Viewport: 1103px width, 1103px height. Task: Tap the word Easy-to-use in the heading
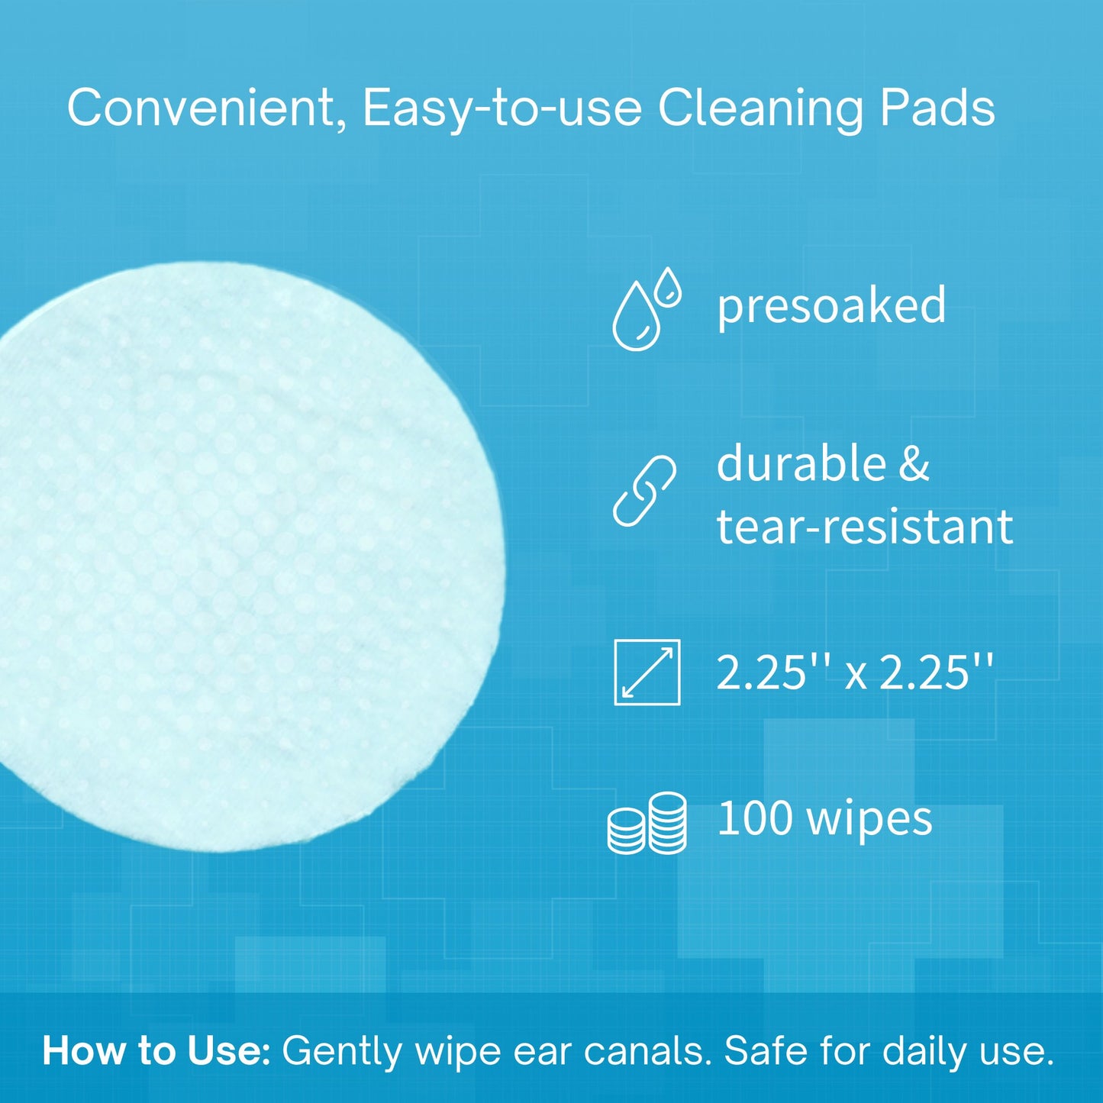(502, 108)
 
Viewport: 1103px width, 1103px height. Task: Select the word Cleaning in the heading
(760, 108)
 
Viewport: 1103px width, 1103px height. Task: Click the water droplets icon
(646, 308)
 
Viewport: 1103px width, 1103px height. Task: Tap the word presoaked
(831, 306)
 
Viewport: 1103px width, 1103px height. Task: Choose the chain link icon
(645, 492)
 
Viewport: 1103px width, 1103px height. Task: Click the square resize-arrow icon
(647, 672)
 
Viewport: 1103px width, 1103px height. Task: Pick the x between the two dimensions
(856, 675)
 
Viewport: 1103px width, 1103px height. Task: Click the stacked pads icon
(647, 824)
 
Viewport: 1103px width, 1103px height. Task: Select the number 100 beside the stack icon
(756, 818)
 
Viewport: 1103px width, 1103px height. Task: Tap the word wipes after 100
(869, 821)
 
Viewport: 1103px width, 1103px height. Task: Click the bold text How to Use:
(156, 1051)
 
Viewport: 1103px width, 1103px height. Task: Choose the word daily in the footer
(923, 1051)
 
